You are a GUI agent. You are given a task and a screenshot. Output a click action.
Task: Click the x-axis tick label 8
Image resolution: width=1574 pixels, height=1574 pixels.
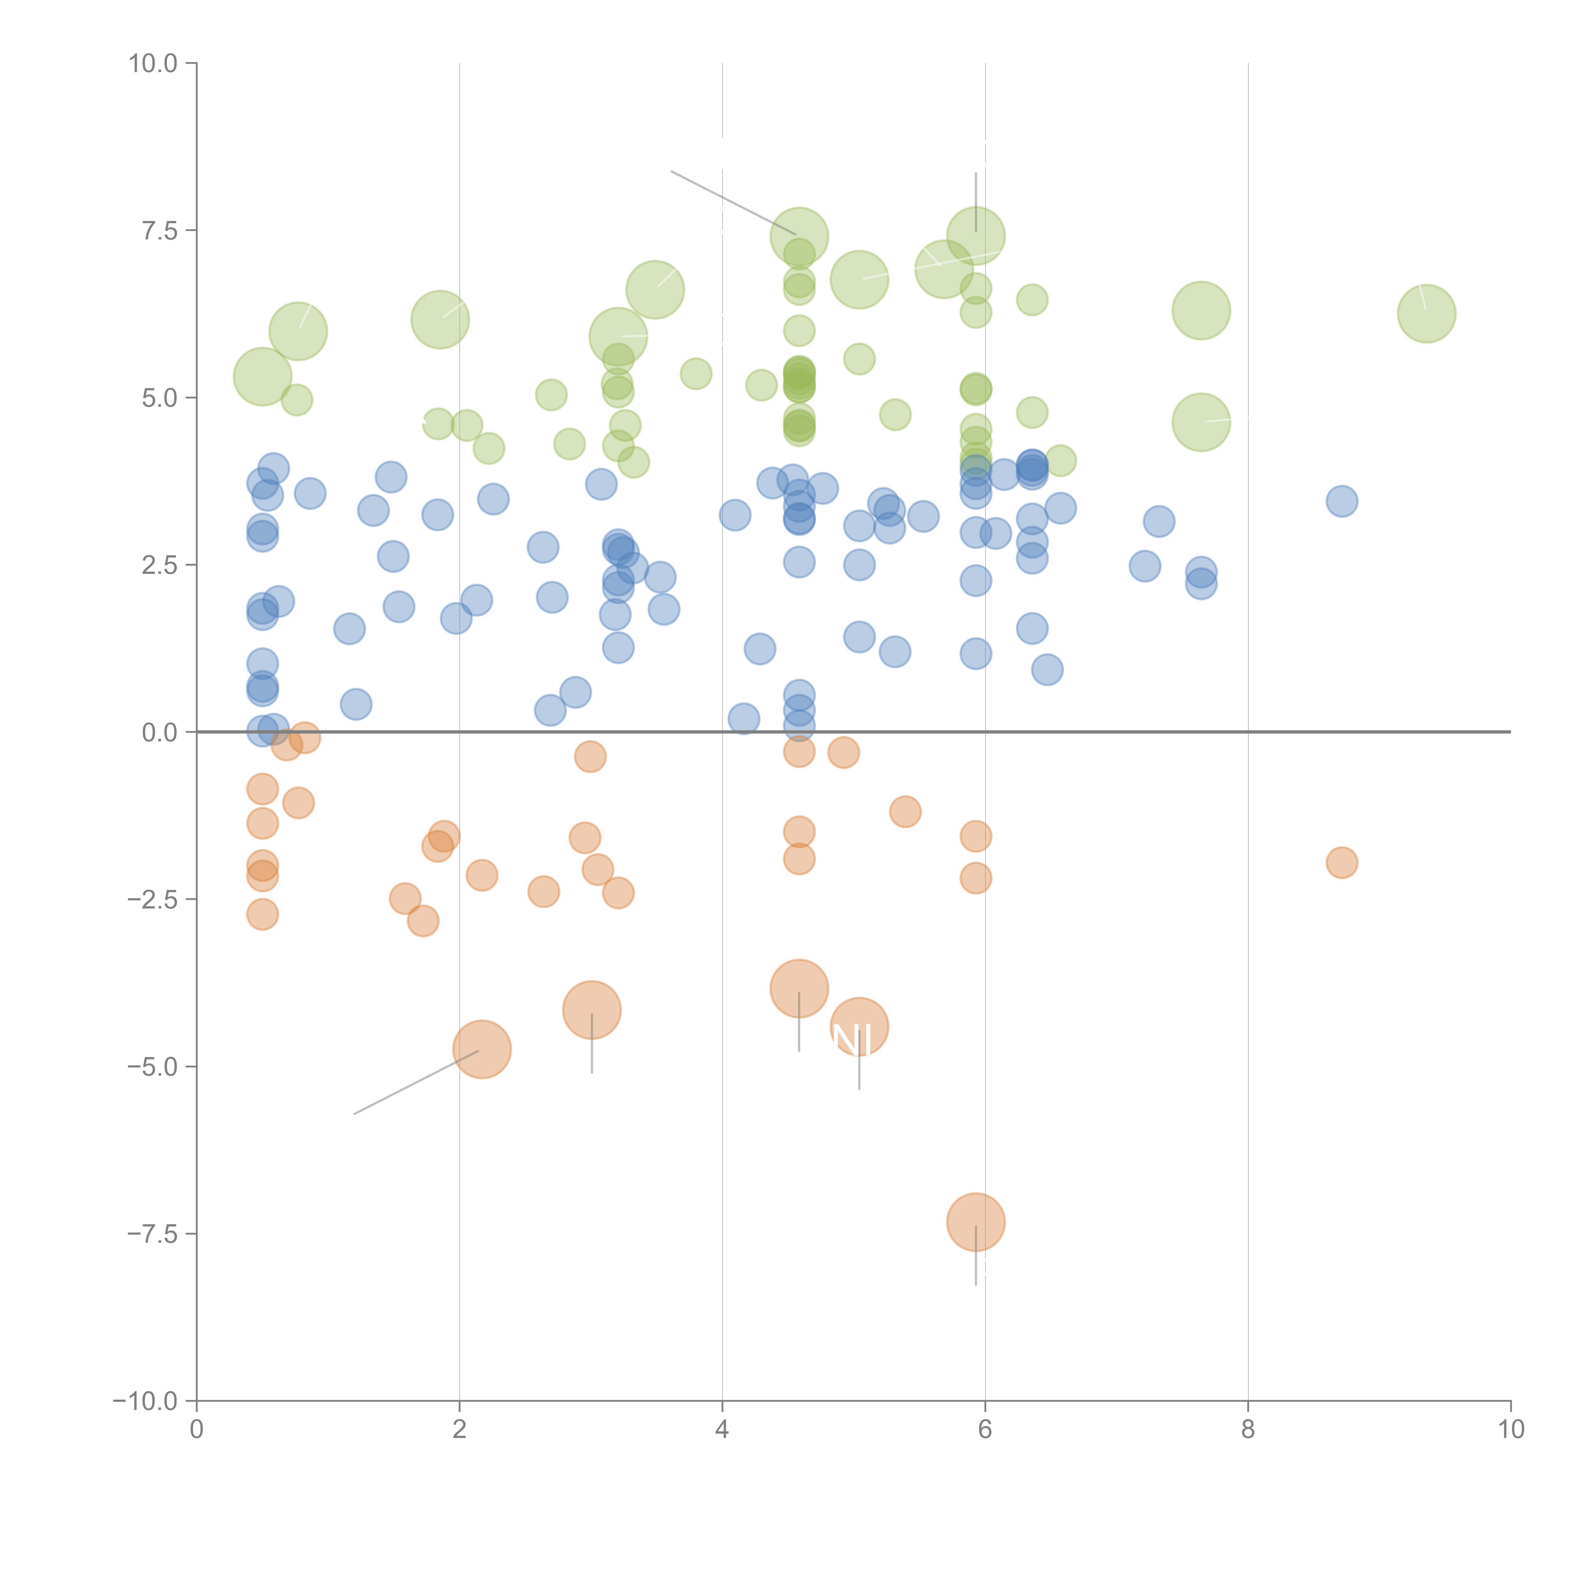[1248, 1430]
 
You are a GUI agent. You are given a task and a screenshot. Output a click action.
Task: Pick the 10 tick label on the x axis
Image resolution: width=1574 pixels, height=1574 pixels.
[1510, 1430]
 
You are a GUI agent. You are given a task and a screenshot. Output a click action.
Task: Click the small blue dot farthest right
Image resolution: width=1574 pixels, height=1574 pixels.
[1342, 501]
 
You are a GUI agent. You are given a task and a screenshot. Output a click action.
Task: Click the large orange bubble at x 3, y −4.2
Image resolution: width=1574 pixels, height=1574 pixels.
[592, 1010]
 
